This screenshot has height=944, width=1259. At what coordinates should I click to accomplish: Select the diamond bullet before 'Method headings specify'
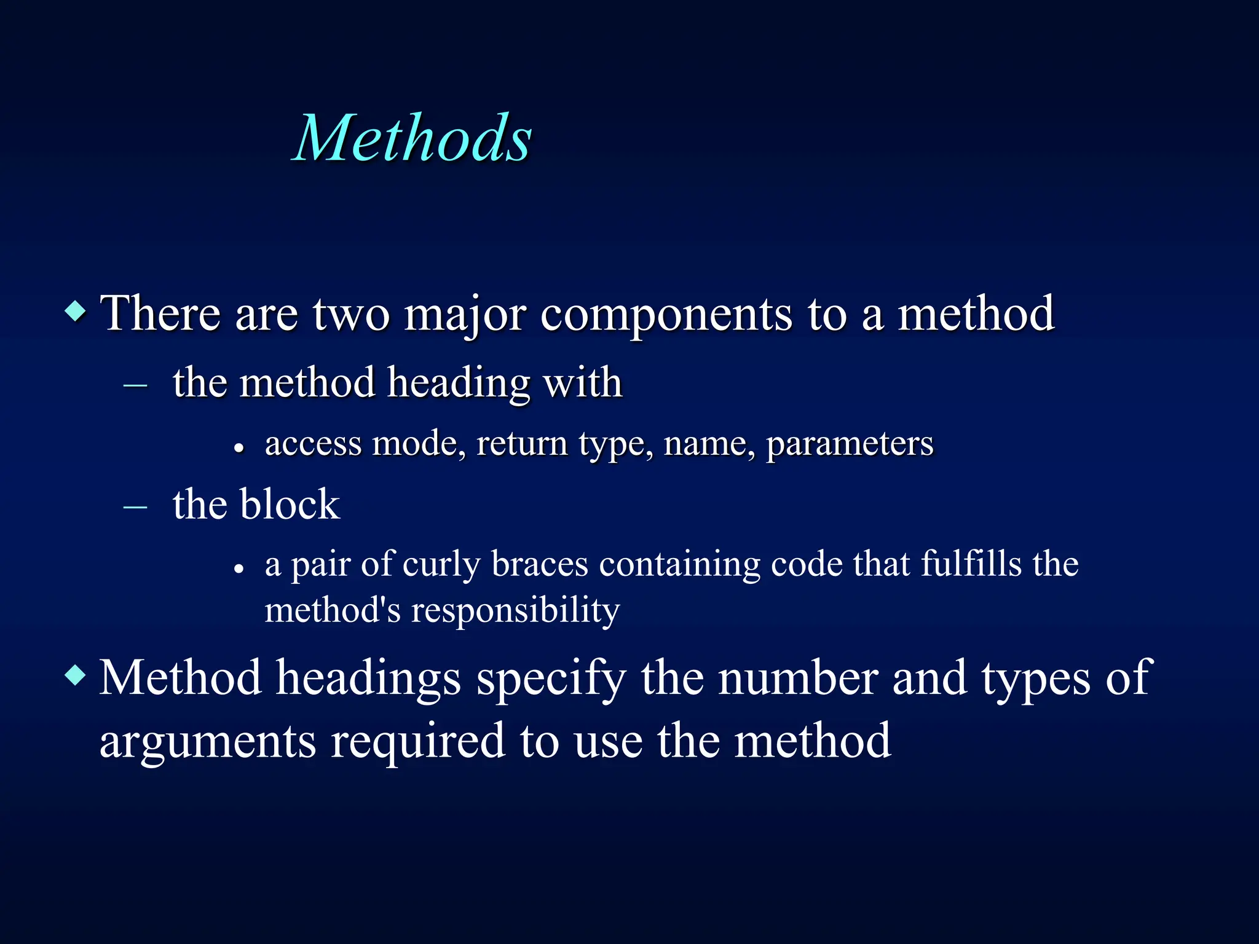(x=76, y=675)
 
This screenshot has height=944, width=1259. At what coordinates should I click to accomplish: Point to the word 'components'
(x=666, y=315)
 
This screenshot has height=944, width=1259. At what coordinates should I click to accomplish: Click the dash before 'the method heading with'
(x=135, y=387)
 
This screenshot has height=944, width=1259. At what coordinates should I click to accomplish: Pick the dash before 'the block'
(x=135, y=508)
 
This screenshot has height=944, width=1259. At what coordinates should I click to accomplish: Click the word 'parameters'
(x=850, y=444)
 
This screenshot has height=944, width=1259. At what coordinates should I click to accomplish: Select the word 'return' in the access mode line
(x=522, y=444)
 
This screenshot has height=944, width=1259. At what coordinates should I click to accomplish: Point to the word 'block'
(x=290, y=505)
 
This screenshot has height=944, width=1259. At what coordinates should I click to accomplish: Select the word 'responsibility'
(x=515, y=612)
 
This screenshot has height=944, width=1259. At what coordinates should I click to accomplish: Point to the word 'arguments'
(x=208, y=742)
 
